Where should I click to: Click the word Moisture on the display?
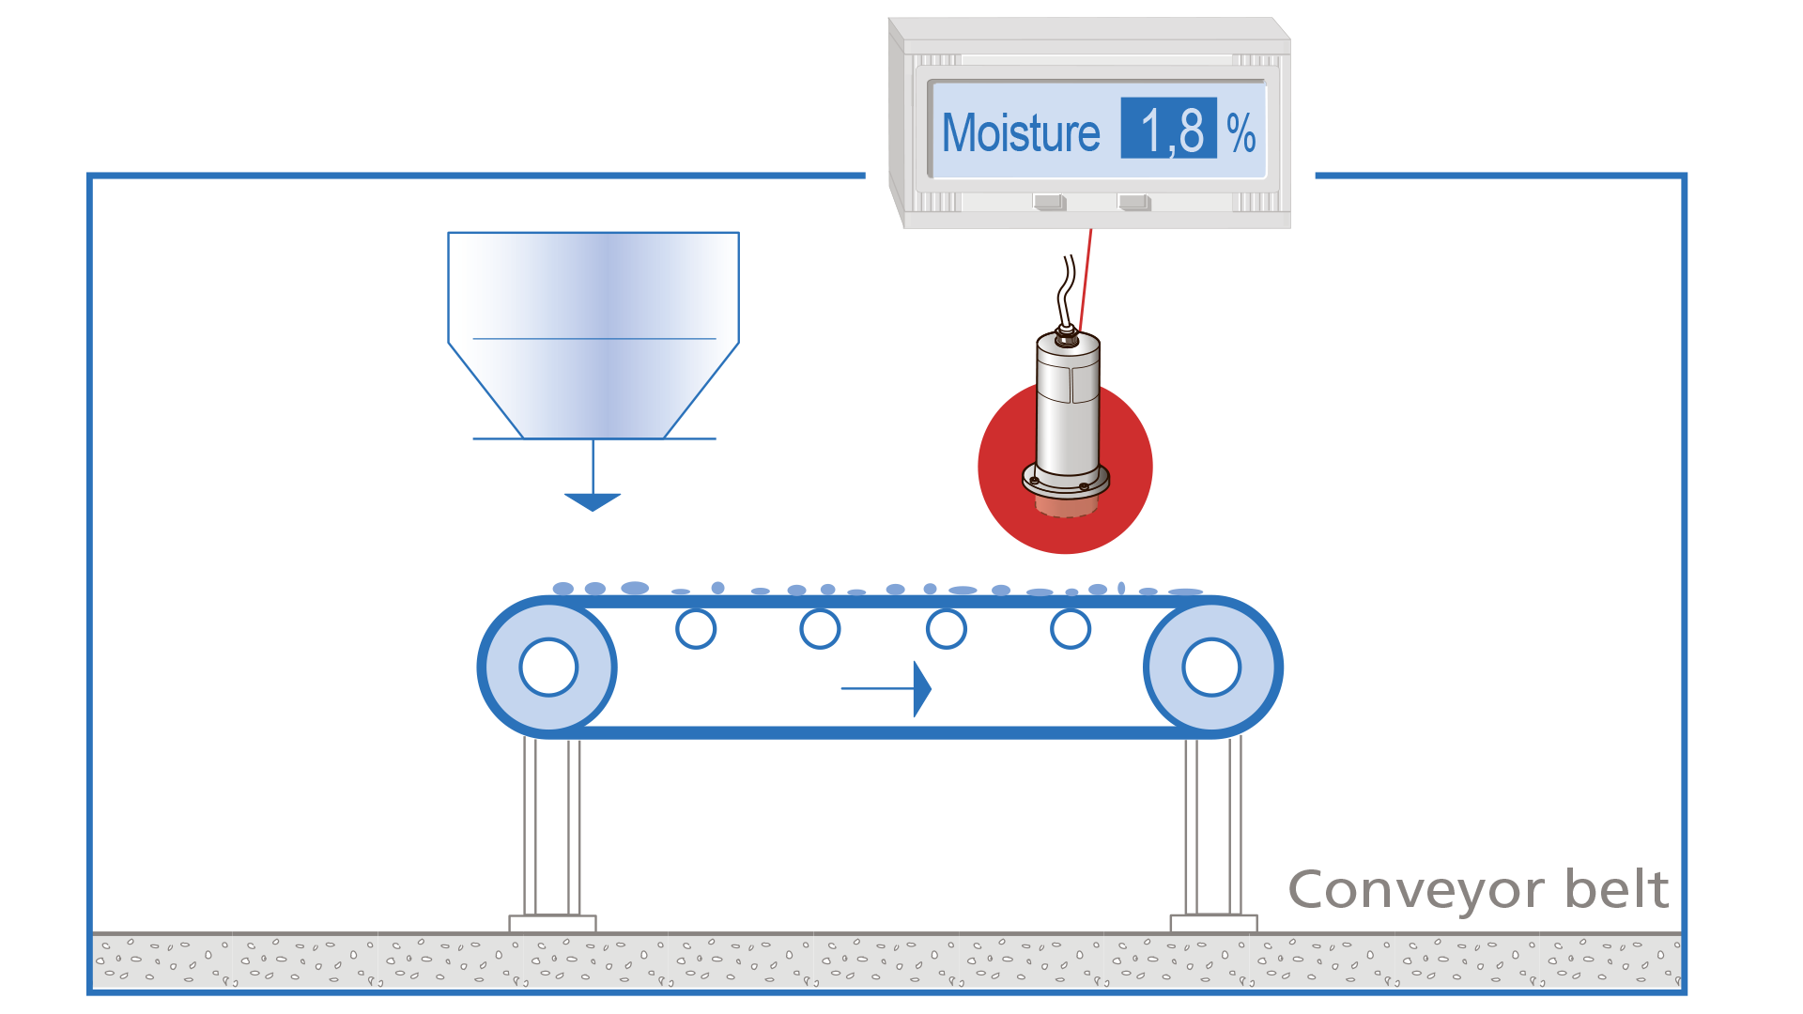[1020, 132]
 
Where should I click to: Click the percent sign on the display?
[1241, 132]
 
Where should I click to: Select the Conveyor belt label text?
[1478, 889]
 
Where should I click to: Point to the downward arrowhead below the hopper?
[593, 501]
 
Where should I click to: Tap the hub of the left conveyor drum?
[548, 668]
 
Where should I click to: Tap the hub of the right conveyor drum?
[1211, 668]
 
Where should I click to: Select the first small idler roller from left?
[696, 629]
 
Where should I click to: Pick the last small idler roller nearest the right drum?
[1071, 629]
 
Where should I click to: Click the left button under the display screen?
[1048, 202]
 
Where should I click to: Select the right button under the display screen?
[1133, 202]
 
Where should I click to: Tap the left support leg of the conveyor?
[552, 826]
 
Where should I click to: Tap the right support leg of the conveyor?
[1213, 826]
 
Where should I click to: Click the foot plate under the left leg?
[552, 923]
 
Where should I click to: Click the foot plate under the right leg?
[1213, 923]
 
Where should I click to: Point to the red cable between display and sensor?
[1086, 277]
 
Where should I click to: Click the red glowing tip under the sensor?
[1066, 506]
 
